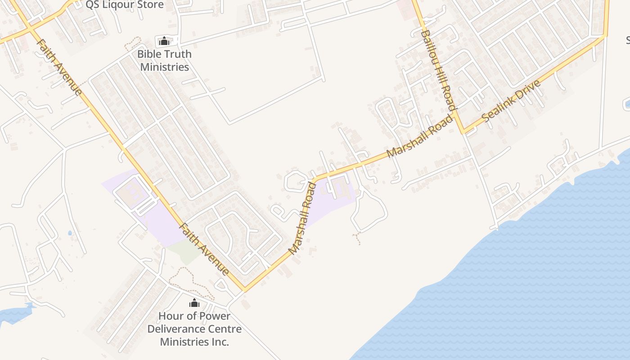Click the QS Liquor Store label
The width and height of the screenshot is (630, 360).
(x=125, y=4)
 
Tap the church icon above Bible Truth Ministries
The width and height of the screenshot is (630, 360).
(x=164, y=41)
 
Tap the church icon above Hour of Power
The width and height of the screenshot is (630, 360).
(x=194, y=303)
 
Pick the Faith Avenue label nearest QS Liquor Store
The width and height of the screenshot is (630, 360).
(x=59, y=67)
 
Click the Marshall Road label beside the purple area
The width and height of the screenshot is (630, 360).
(x=301, y=218)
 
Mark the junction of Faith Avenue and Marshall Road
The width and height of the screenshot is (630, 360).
(x=244, y=289)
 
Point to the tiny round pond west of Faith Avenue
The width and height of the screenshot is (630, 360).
(x=69, y=233)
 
